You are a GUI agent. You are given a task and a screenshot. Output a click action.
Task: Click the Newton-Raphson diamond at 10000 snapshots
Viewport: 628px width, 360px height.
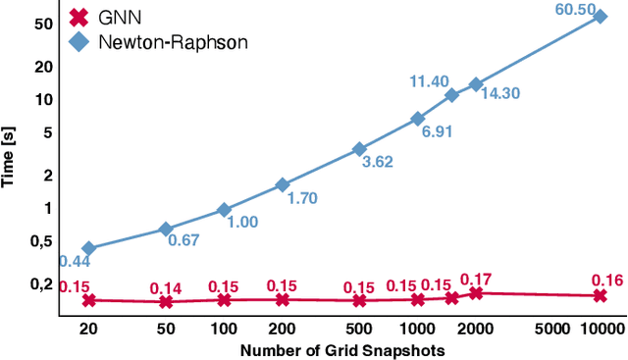pyautogui.click(x=602, y=17)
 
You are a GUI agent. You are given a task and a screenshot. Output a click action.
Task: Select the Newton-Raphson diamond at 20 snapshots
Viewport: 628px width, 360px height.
pyautogui.click(x=89, y=249)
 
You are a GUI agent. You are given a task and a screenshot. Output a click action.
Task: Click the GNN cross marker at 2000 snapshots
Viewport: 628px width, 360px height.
pyautogui.click(x=477, y=293)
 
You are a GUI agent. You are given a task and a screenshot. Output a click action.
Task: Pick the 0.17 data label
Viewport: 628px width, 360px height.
pyautogui.click(x=476, y=279)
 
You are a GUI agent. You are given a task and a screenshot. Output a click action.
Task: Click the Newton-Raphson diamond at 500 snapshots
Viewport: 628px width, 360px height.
pyautogui.click(x=360, y=149)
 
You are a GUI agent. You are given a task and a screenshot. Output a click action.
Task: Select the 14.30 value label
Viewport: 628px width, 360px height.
pyautogui.click(x=500, y=94)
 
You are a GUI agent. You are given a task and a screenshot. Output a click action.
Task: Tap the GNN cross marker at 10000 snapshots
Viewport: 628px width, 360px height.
pyautogui.click(x=602, y=295)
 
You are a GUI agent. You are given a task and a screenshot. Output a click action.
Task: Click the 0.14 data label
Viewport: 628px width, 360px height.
pyautogui.click(x=166, y=288)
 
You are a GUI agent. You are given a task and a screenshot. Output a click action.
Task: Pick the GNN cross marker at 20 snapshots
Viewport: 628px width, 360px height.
pyautogui.click(x=89, y=300)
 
